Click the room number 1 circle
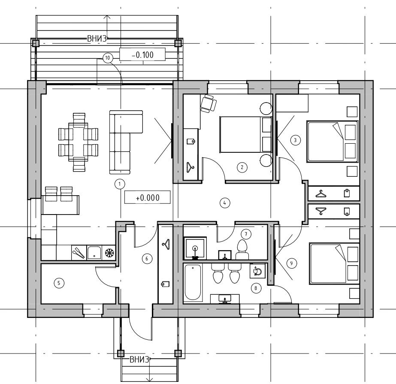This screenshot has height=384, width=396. click(x=120, y=184)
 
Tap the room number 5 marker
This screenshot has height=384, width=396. click(x=59, y=283)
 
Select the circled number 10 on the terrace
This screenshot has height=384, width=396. click(x=108, y=58)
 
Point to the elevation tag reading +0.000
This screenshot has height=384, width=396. click(x=148, y=197)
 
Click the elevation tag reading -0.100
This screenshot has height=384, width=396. click(x=143, y=54)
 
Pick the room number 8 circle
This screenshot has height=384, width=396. click(x=256, y=288)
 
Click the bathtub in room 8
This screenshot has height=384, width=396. click(x=193, y=282)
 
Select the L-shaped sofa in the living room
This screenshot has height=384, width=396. click(x=126, y=142)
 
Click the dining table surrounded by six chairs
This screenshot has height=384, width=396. click(x=78, y=142)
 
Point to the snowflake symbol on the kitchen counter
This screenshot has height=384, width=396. click(x=109, y=252)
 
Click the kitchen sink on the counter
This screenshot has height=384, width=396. click(x=94, y=253)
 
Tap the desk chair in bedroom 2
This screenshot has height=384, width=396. click(x=209, y=103)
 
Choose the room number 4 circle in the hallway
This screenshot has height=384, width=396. click(x=225, y=203)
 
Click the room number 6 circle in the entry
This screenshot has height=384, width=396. click(x=147, y=258)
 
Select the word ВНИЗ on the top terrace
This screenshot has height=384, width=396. click(x=97, y=39)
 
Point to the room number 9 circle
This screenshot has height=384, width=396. click(x=291, y=263)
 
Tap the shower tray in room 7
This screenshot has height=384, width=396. click(x=195, y=248)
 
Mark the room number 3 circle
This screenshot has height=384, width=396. click(x=296, y=140)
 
